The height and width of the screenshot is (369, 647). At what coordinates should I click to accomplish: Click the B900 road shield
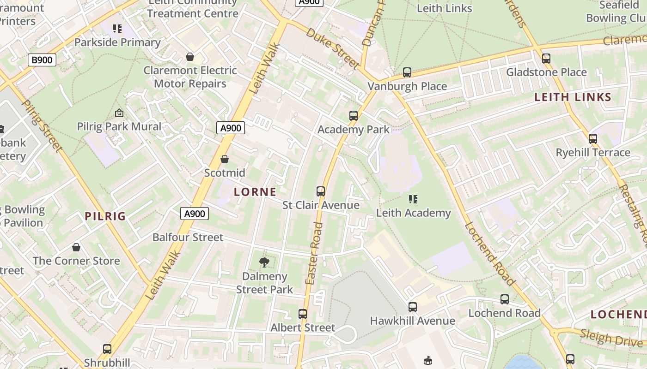click(42, 60)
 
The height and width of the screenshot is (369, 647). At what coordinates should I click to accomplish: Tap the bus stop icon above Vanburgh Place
click(407, 72)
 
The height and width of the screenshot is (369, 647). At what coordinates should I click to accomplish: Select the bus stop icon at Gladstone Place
click(546, 59)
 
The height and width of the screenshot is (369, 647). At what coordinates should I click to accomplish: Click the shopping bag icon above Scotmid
click(225, 159)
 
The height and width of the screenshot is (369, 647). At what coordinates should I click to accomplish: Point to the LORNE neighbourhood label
click(255, 192)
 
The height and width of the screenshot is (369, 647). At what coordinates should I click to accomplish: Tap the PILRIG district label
click(105, 216)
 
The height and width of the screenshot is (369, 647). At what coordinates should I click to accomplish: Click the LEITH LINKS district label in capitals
click(573, 97)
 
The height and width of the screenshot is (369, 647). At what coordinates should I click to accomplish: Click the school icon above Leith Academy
click(413, 199)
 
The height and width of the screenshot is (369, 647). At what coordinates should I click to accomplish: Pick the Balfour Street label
click(188, 237)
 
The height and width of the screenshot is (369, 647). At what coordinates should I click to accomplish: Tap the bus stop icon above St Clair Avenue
click(321, 191)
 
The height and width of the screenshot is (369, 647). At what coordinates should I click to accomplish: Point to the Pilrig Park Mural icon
click(119, 113)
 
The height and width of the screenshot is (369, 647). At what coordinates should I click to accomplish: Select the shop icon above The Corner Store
click(76, 248)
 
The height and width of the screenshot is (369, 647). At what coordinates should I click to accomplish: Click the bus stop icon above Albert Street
click(303, 314)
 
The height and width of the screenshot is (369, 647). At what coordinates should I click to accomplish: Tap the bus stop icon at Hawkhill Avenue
click(413, 307)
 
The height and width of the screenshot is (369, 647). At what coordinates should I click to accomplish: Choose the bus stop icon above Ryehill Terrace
click(593, 139)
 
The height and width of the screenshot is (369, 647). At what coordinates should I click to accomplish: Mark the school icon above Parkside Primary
click(117, 29)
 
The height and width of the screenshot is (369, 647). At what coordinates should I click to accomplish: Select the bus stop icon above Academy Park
click(354, 116)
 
